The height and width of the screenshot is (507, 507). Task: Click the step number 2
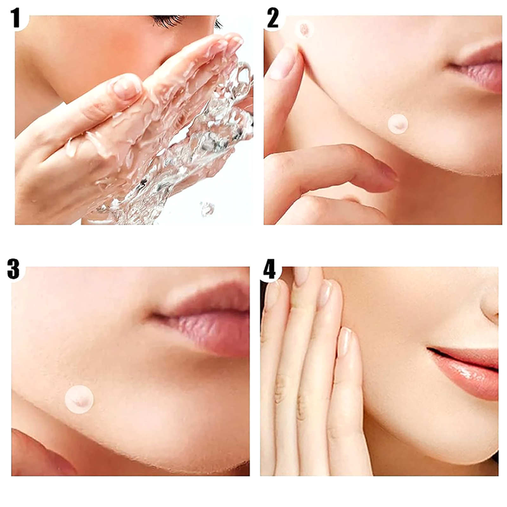click(x=273, y=18)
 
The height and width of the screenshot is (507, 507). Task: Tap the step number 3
click(x=14, y=269)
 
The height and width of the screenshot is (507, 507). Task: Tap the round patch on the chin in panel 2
click(x=398, y=124)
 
